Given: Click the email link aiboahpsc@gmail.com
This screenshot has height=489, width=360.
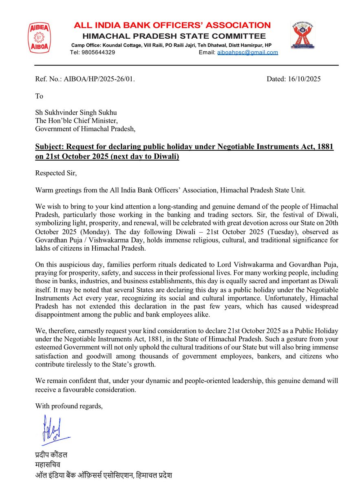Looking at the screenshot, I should point(247,53).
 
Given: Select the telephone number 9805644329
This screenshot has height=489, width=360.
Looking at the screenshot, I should point(98,53).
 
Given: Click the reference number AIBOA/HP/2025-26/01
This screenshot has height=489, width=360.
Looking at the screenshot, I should point(99,79).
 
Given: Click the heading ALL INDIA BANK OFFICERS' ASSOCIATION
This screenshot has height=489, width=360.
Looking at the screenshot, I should point(172,25).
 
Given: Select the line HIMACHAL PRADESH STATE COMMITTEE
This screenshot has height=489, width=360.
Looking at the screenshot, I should point(172,36).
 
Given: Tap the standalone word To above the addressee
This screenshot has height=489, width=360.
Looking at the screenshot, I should point(39,96).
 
